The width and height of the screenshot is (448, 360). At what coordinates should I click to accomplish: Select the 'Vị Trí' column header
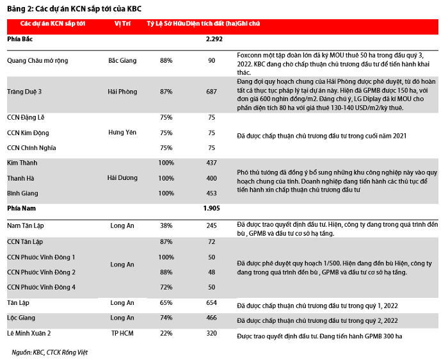[122, 24]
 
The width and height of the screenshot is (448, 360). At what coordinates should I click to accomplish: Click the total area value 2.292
[214, 39]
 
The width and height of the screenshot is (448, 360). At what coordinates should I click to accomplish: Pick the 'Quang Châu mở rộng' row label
[37, 60]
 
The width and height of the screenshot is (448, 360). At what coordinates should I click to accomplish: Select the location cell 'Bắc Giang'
[122, 60]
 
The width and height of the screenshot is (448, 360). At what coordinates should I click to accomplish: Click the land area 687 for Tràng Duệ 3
[212, 92]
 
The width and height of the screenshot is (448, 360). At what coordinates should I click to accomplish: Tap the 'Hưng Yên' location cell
[122, 133]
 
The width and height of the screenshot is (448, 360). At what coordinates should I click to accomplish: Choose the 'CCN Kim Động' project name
[28, 133]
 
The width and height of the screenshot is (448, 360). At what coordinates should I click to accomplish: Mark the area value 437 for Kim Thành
[212, 163]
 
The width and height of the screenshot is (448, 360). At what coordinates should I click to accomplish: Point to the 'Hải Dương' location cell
[122, 177]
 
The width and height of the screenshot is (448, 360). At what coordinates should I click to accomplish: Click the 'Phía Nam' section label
[20, 208]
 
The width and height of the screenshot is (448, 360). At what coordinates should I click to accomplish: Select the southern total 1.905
[212, 208]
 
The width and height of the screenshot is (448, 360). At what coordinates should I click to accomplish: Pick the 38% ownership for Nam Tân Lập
[166, 225]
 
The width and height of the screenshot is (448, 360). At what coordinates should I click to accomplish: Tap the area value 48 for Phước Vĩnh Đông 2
[212, 272]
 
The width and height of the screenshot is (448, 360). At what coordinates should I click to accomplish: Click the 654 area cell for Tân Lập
[212, 302]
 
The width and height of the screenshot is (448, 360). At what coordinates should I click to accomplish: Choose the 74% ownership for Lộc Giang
[166, 318]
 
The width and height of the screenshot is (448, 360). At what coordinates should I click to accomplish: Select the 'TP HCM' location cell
[122, 333]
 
